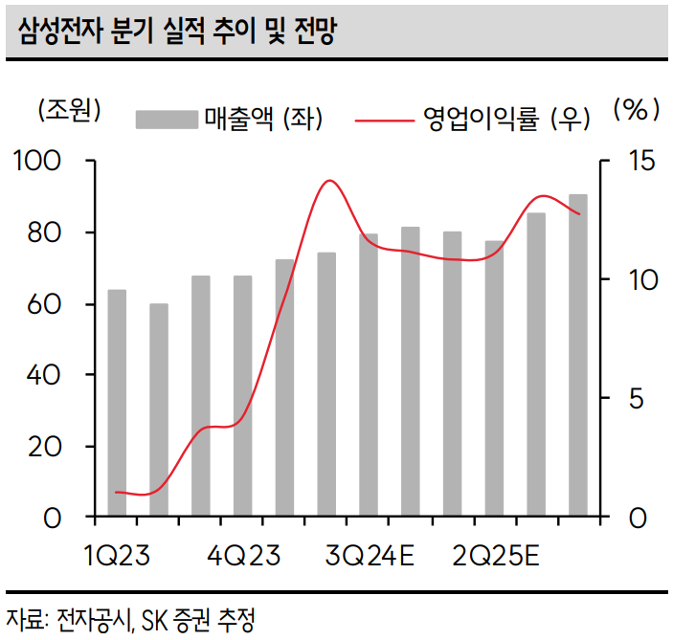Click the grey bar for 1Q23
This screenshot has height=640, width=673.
coord(117,403)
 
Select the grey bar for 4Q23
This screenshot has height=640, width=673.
coord(242,396)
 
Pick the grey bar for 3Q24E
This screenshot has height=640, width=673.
coord(369,375)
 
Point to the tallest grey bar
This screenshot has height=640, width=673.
coord(578,356)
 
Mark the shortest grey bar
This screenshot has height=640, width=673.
coord(159,410)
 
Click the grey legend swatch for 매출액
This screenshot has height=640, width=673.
coord(167,119)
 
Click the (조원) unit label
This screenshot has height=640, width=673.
coord(68,111)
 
